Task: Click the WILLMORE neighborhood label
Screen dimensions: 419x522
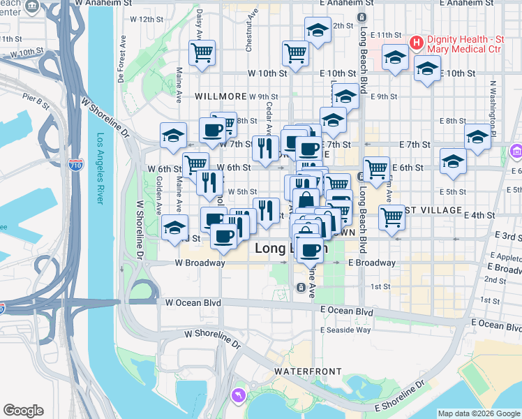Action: [221, 96]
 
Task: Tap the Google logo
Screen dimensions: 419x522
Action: [23, 411]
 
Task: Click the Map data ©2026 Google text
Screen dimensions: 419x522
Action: [479, 413]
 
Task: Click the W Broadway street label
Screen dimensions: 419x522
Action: [200, 263]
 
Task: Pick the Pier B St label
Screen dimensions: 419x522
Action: [36, 101]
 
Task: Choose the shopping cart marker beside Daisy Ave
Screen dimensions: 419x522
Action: [202, 52]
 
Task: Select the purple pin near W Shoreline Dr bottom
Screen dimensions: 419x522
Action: [240, 395]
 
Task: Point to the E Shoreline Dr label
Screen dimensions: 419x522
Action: [398, 395]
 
